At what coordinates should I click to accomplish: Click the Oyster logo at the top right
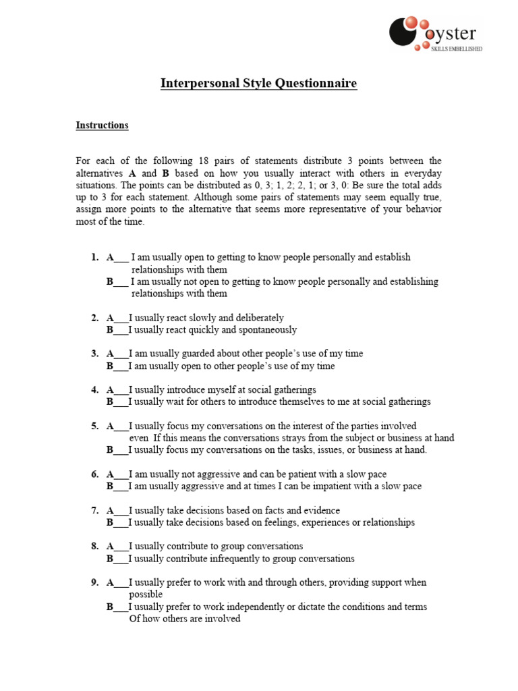coord(436,34)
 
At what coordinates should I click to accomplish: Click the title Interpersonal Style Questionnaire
coord(258,84)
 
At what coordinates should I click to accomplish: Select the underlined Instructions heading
coord(102,126)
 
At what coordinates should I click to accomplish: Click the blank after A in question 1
coord(121,258)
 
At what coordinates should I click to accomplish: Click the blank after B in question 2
coord(120,330)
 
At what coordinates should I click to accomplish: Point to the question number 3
coord(94,354)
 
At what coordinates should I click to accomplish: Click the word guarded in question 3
coord(192,354)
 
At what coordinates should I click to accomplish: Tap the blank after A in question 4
coord(121,390)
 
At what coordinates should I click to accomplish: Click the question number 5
coord(94,426)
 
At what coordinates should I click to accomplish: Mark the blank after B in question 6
coord(120,487)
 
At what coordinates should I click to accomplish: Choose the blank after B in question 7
coord(120,523)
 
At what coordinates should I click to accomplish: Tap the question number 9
coord(94,582)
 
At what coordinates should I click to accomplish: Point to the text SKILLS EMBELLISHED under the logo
coord(457,49)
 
